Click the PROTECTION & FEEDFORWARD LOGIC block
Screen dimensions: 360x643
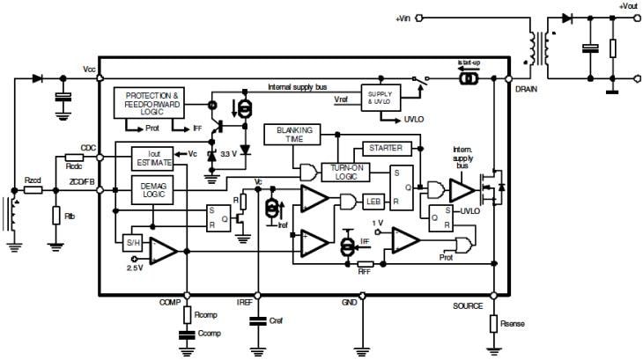pos(152,102)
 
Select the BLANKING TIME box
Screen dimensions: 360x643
pos(293,134)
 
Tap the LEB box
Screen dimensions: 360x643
pos(373,202)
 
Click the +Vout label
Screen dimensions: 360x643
pos(628,6)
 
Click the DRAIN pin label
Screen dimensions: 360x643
pos(527,89)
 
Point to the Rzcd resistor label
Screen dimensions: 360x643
pos(33,180)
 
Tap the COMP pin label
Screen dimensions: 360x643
pos(169,302)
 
